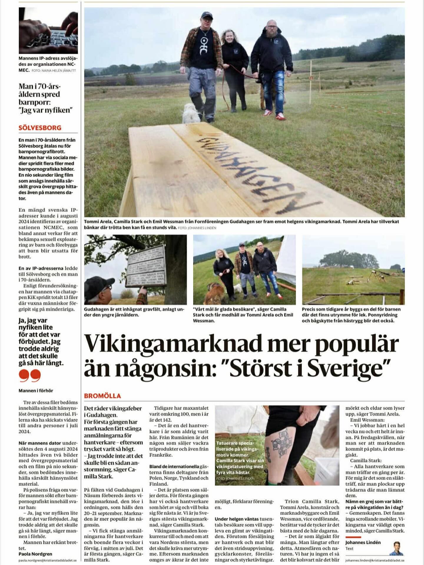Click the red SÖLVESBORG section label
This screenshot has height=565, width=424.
(40, 128)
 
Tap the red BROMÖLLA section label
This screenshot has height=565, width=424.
(102, 396)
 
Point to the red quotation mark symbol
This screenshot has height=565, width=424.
(29, 376)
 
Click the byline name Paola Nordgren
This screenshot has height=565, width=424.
(35, 554)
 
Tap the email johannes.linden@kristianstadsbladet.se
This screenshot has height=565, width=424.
(375, 561)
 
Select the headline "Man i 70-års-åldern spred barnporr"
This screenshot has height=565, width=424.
(45, 98)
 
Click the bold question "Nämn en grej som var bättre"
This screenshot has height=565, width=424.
(375, 504)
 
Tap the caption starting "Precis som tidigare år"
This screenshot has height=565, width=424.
(351, 315)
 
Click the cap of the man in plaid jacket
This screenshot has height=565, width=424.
(207, 15)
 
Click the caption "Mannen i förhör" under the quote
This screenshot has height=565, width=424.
(36, 390)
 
